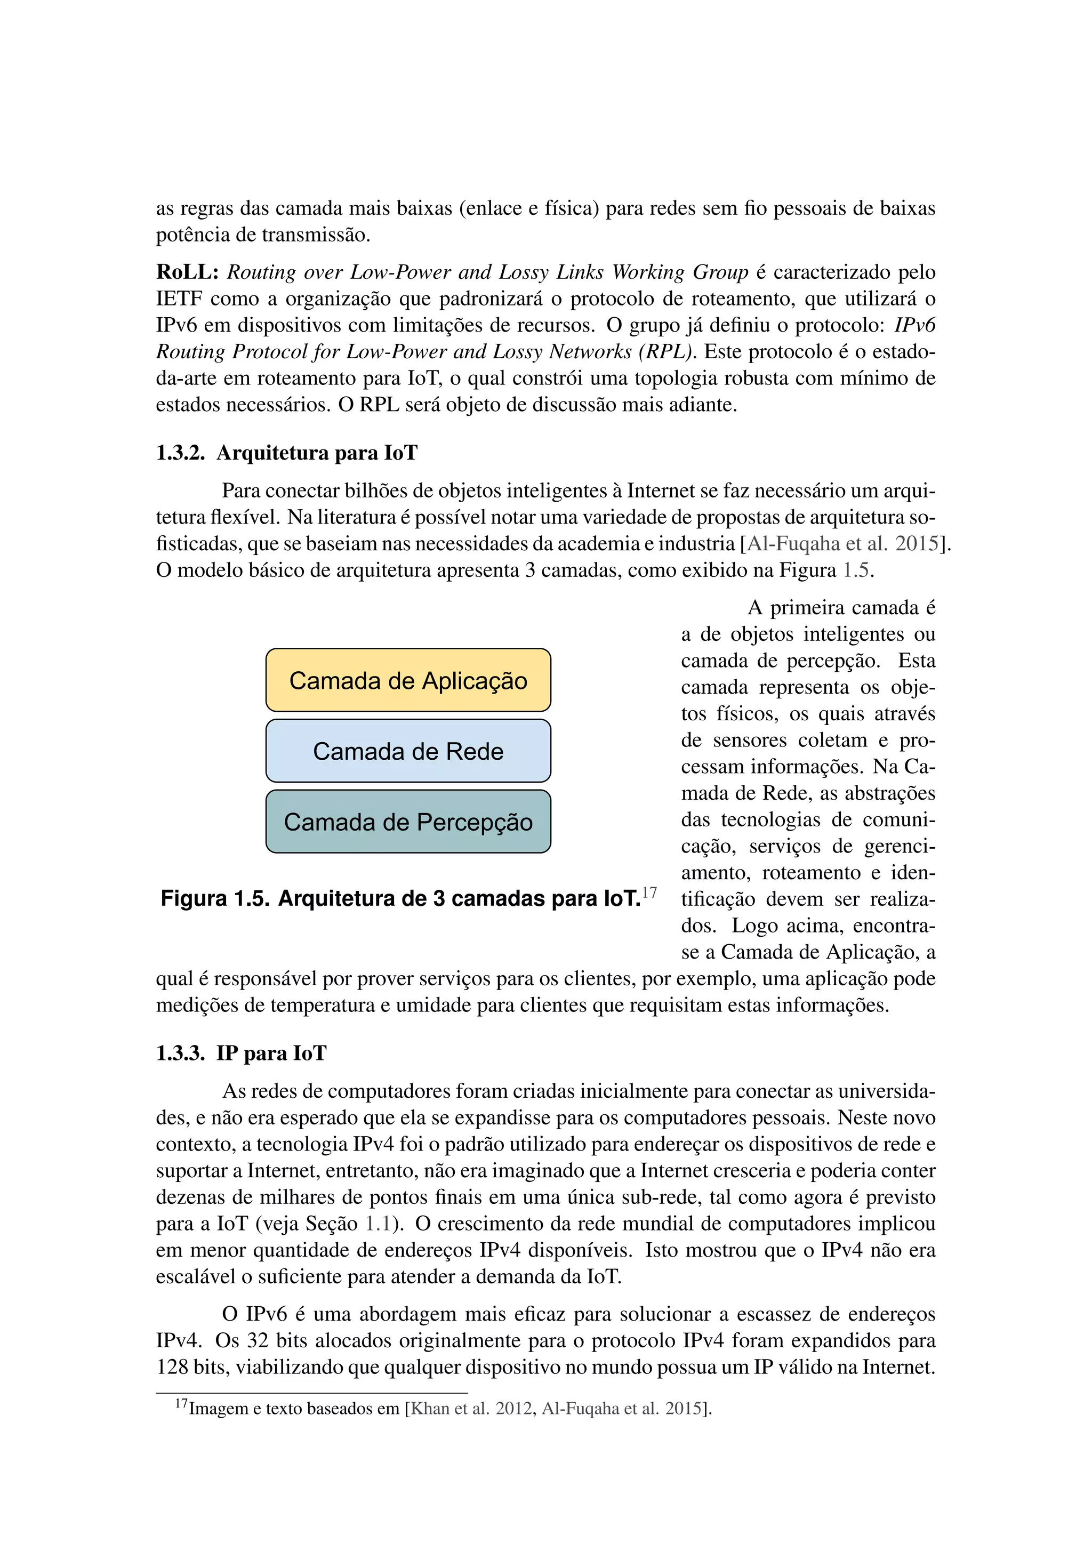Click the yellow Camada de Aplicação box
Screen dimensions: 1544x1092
(408, 680)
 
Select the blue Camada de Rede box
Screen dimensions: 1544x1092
(408, 751)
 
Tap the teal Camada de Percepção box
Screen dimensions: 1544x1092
(408, 821)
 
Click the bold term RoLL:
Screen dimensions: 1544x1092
(188, 272)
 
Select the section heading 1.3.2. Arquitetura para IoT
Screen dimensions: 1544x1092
(286, 453)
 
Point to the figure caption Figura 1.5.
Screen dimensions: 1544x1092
(399, 898)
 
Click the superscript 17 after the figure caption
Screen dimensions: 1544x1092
(649, 892)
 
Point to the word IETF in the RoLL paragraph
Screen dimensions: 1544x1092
(179, 299)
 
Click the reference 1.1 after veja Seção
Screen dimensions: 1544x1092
(378, 1223)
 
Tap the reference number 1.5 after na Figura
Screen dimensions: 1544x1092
(857, 570)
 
